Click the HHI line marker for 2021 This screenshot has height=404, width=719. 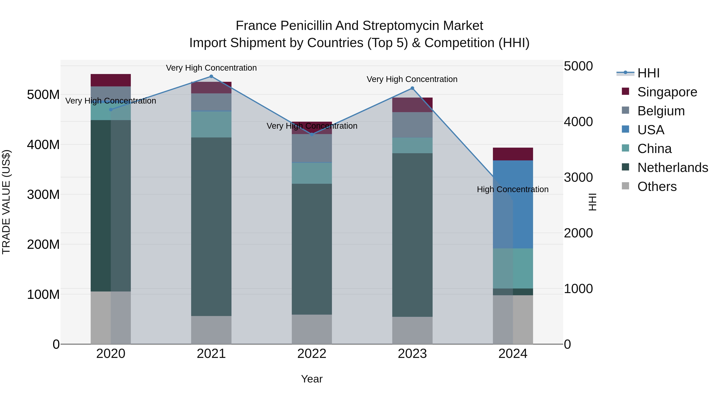click(211, 76)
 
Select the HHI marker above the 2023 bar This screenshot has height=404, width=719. click(412, 88)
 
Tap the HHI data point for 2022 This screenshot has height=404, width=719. click(312, 134)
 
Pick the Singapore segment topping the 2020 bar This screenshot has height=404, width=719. click(111, 80)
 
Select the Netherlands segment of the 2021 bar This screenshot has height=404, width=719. click(211, 226)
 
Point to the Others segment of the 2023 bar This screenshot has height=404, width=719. click(412, 330)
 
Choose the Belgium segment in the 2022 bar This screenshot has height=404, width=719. click(312, 148)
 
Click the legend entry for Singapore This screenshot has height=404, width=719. click(667, 92)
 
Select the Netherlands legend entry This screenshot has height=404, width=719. click(673, 168)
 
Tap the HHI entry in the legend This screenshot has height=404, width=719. click(648, 73)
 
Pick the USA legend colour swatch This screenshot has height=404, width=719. click(626, 129)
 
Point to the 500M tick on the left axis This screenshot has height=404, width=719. click(43, 95)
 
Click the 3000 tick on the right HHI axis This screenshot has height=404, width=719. click(578, 177)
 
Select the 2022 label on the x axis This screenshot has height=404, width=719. click(312, 354)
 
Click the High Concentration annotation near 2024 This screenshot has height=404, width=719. click(512, 189)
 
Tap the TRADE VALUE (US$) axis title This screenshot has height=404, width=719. click(6, 202)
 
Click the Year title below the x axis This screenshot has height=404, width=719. click(312, 379)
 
